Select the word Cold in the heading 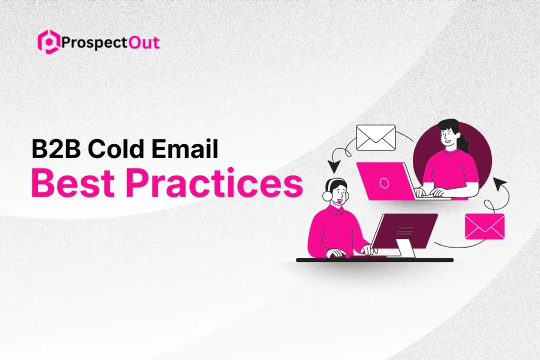point(117,149)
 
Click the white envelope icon point(375,137)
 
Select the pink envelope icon point(484,226)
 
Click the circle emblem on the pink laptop point(384,182)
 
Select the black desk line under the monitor point(374,260)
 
